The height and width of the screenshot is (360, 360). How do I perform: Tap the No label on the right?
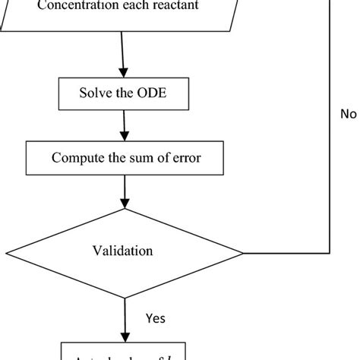tap(348, 115)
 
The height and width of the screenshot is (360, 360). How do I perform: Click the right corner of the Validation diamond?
tap(242, 252)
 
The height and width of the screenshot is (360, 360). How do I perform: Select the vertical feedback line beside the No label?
tap(330, 152)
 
